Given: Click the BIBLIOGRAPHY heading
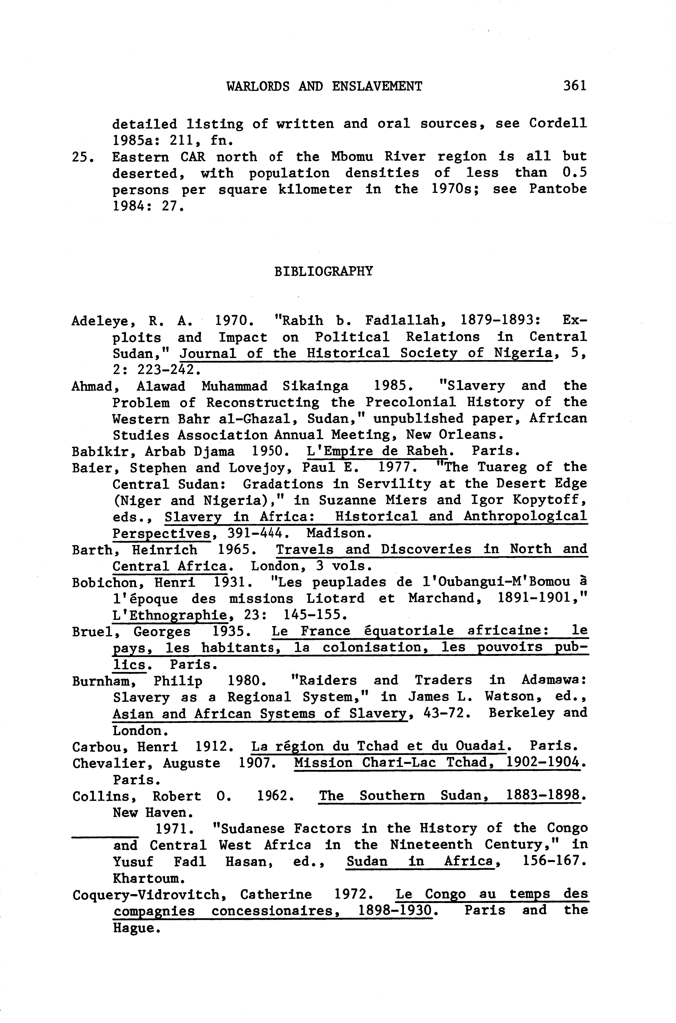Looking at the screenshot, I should pyautogui.click(x=323, y=271).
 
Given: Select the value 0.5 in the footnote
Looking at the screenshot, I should pyautogui.click(x=574, y=173).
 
